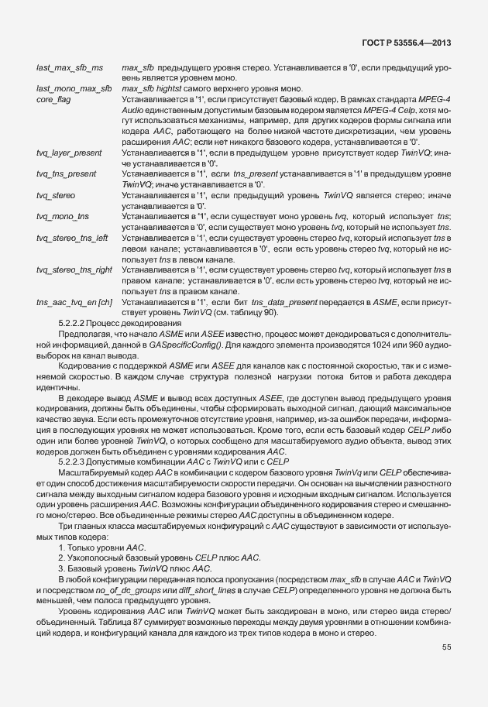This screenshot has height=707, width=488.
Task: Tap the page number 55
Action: pos(446,647)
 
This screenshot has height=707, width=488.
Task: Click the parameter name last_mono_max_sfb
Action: pos(74,89)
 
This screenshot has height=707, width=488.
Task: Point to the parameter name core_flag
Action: pos(54,99)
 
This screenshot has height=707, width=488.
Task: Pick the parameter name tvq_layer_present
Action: pos(69,153)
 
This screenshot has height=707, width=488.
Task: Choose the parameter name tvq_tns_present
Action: pos(67,173)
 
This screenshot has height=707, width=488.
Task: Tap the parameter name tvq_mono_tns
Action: pos(63,215)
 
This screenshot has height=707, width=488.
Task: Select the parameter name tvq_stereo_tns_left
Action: pos(72,235)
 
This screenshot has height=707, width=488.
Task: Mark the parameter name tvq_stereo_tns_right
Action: pos(74,269)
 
